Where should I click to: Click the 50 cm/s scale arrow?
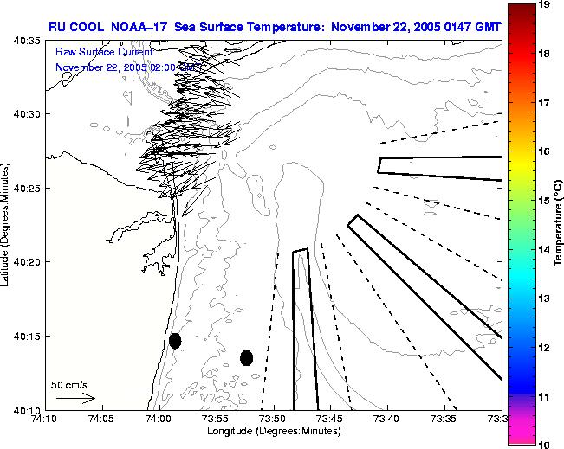(x=75, y=398)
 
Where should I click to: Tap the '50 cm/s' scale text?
(x=68, y=383)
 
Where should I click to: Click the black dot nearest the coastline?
(x=175, y=340)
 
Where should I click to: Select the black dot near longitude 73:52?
(x=246, y=357)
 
